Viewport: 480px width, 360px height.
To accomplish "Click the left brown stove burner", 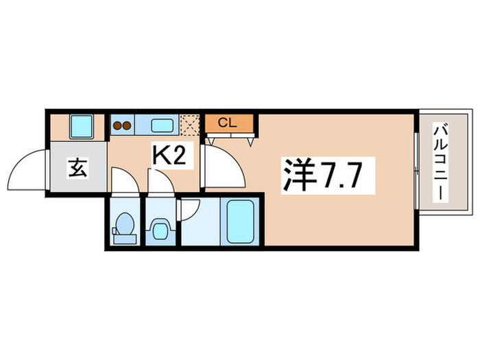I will tap(117, 125).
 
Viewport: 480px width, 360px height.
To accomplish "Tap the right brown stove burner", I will tap(127, 125).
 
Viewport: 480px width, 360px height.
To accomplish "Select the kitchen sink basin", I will tap(162, 125).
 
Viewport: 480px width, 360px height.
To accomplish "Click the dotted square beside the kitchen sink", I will tap(189, 123).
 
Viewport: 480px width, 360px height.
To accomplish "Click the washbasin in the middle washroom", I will tap(160, 228).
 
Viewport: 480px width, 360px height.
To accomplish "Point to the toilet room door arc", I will tap(123, 180).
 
